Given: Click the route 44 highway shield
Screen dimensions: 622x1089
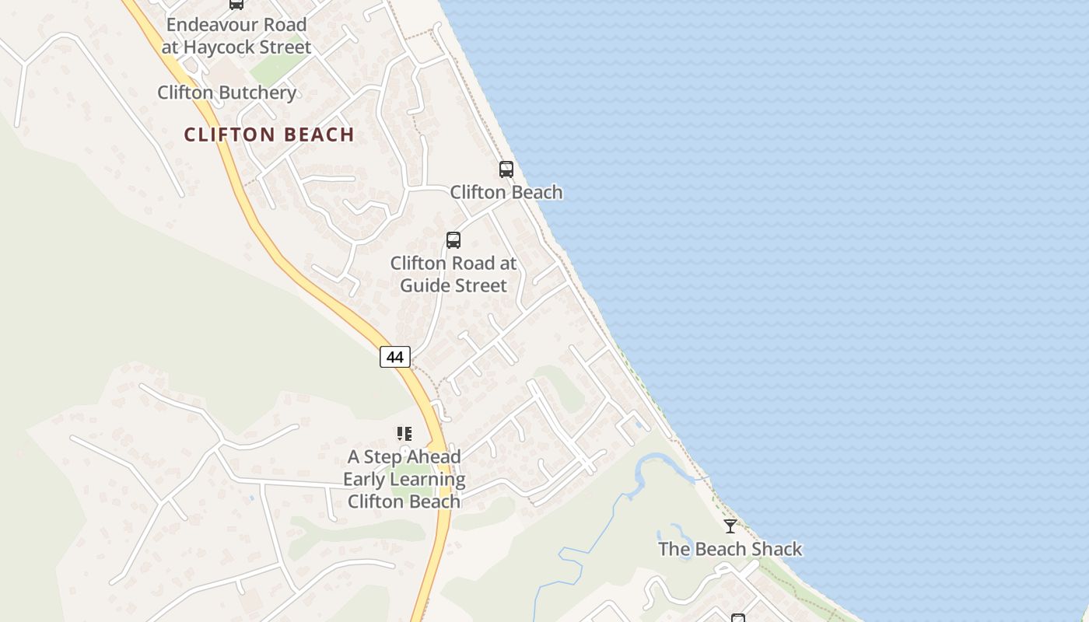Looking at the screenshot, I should coord(395,357).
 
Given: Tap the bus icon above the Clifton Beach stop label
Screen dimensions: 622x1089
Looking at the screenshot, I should coord(506,169).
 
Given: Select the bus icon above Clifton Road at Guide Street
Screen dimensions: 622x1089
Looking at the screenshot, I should coord(453,240).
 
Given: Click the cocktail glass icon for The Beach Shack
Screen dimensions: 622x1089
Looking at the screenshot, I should coord(730,526).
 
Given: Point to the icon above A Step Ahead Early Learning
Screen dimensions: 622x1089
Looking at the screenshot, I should coord(404,434).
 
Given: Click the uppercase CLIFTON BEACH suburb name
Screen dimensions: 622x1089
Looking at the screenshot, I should coord(269,135).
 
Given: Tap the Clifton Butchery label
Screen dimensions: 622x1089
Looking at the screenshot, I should coord(226,93).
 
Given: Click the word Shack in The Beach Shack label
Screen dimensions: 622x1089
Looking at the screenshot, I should coord(773,549).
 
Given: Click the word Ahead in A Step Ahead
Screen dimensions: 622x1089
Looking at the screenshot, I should coord(432,456).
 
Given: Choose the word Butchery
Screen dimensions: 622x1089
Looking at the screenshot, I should coord(257,93).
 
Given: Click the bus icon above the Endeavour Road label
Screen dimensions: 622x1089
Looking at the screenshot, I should coord(236,4).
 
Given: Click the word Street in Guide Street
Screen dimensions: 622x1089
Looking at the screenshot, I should coord(479,285).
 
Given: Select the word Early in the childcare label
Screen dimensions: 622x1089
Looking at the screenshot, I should coord(365,479).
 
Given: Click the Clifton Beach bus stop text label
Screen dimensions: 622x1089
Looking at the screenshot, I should coord(506,192).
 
